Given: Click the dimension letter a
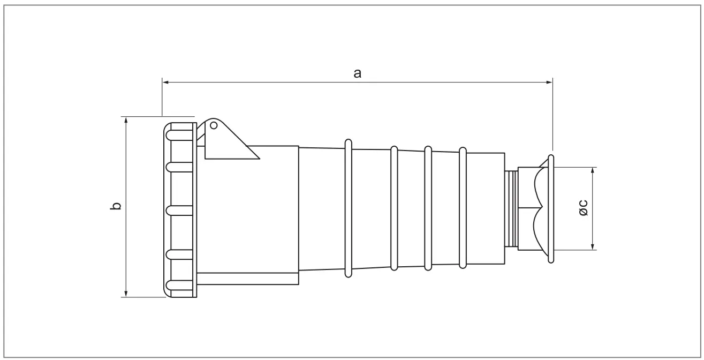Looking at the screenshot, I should pos(357,73).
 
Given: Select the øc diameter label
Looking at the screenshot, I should pos(584,208).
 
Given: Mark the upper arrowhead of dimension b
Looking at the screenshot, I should pos(126,120).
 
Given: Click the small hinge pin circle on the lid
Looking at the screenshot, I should pos(213,125).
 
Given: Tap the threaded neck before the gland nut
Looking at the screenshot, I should pos(511,209).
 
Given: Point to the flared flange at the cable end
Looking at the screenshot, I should pos(551,209).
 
